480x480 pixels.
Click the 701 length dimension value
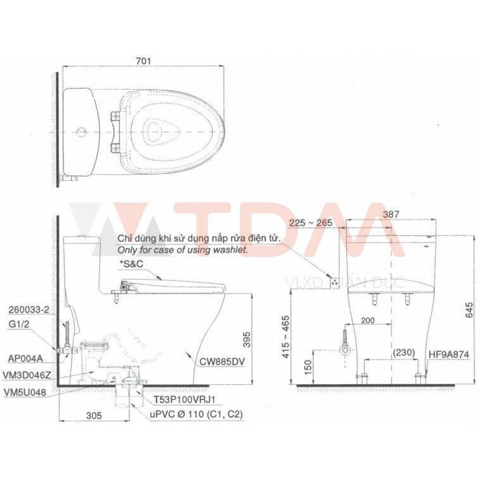pos(143,61)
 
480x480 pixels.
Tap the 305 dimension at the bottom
pos(94,415)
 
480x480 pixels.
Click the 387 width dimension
pos(391,214)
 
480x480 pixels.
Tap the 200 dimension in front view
pos(368,320)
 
